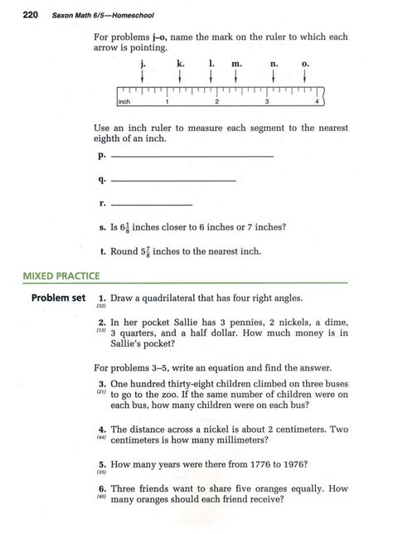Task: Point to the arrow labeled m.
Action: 236,74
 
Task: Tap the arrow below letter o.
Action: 305,74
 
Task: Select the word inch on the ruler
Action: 125,103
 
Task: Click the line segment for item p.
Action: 191,157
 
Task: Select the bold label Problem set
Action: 57,298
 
